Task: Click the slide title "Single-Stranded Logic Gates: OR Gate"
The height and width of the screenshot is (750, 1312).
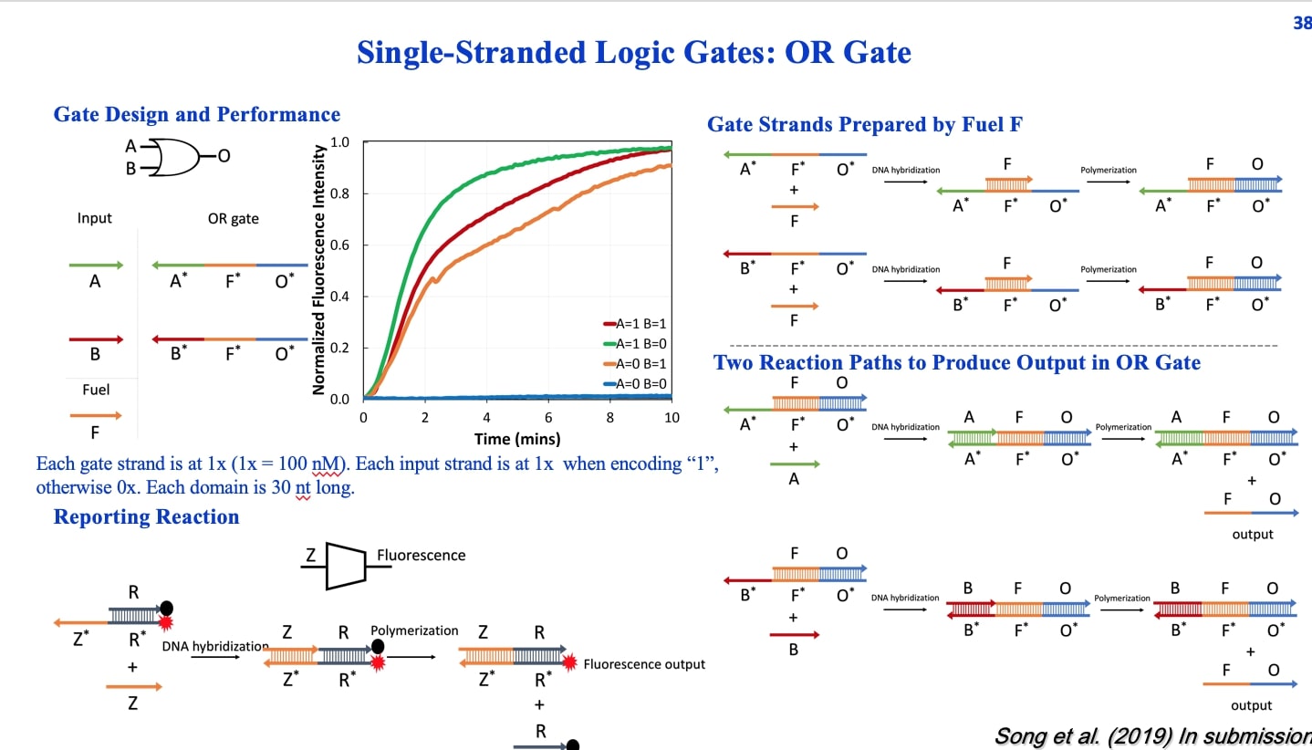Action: [633, 52]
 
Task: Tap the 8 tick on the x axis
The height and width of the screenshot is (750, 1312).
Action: [610, 418]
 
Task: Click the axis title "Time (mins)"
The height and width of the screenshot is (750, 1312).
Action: [516, 439]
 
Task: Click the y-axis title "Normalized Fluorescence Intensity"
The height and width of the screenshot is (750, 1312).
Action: [319, 269]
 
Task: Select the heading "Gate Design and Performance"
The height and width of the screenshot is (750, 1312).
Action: [197, 114]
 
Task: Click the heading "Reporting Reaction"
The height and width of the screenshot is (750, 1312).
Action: [146, 516]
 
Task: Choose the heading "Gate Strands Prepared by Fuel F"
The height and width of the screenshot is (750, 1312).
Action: [865, 125]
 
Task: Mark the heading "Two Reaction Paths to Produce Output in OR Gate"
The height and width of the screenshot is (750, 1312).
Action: [956, 362]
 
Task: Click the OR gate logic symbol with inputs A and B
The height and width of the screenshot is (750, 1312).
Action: [179, 157]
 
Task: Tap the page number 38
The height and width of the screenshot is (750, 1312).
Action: [1302, 24]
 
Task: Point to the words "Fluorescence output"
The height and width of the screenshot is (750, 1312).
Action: [644, 664]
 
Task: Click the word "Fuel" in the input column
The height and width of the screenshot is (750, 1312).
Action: [95, 390]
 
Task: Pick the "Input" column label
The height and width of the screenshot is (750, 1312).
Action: [94, 218]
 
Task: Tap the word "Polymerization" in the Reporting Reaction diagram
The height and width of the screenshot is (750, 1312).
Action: [414, 630]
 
